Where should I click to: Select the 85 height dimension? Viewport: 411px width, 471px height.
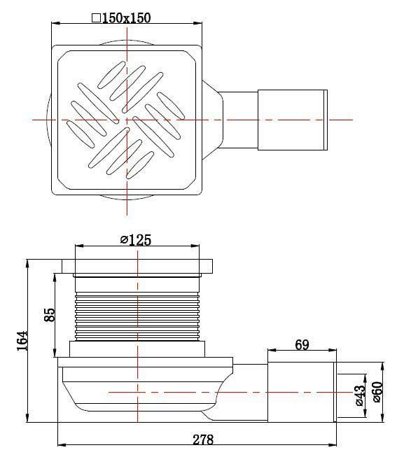click(50, 314)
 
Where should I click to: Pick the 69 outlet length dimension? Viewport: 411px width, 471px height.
click(301, 344)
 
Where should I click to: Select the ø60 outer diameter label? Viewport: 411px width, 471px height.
click(377, 393)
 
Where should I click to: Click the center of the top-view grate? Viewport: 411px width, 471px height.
click(127, 120)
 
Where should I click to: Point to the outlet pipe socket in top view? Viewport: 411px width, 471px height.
click(293, 120)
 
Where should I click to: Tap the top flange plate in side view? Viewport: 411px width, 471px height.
click(137, 267)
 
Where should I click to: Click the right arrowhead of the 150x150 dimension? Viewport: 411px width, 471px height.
click(200, 24)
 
